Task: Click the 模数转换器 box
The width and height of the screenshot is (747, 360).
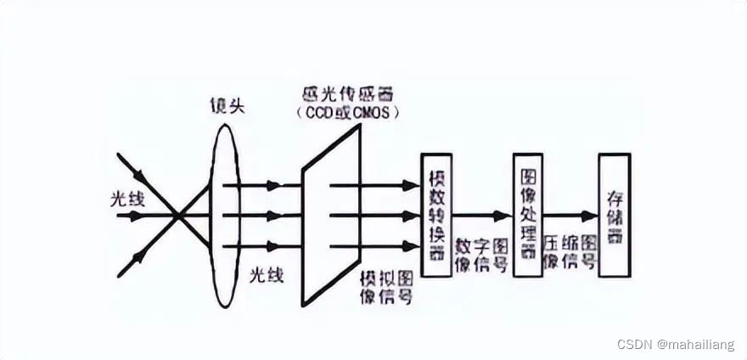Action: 435,215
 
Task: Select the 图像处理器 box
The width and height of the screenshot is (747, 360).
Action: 527,215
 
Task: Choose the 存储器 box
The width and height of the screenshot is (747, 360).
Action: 614,215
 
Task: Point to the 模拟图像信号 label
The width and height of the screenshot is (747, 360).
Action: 386,288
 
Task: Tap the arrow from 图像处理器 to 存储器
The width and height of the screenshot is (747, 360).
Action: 570,216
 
